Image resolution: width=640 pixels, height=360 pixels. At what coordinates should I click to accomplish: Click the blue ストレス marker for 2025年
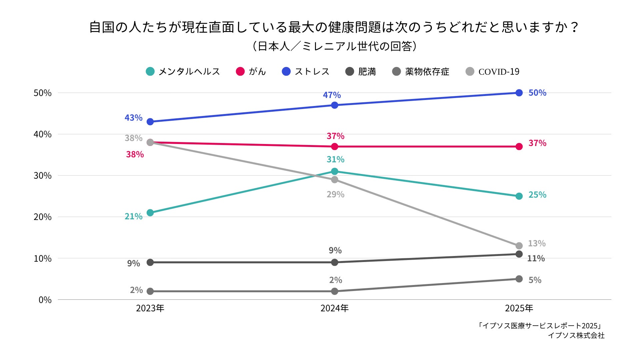(519, 93)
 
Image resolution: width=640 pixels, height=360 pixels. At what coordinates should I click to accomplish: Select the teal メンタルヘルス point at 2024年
(335, 171)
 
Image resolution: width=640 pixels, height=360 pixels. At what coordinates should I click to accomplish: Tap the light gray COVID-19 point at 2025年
(519, 246)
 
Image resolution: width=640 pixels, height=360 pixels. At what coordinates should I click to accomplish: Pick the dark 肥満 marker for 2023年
(150, 262)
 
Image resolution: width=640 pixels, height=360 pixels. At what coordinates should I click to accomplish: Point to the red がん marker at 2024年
(335, 147)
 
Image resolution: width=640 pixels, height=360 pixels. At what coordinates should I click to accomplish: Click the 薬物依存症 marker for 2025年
(519, 279)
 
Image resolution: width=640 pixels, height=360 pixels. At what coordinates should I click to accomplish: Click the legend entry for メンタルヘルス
(183, 72)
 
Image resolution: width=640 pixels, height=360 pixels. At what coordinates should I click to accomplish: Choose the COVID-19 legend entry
(493, 72)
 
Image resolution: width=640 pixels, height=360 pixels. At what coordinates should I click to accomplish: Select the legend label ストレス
(306, 72)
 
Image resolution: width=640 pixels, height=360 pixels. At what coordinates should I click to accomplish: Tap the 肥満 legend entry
(361, 72)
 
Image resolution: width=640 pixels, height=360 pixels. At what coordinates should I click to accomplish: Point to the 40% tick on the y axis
(42, 134)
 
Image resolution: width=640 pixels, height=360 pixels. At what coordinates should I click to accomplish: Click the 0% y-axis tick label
(45, 300)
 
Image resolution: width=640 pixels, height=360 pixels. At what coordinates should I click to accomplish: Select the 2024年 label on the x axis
(335, 308)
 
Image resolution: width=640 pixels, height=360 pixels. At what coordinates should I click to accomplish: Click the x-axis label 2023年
(150, 308)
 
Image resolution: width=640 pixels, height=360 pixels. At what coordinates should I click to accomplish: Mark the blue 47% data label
(332, 95)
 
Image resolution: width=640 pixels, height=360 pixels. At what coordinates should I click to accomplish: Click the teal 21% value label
(134, 216)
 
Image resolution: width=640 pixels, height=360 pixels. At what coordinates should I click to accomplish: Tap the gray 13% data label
(537, 243)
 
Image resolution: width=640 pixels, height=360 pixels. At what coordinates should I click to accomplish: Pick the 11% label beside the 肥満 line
(536, 258)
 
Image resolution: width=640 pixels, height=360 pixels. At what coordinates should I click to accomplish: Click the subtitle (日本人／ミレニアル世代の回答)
(334, 46)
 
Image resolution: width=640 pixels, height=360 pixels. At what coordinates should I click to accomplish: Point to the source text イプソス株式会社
(576, 335)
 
